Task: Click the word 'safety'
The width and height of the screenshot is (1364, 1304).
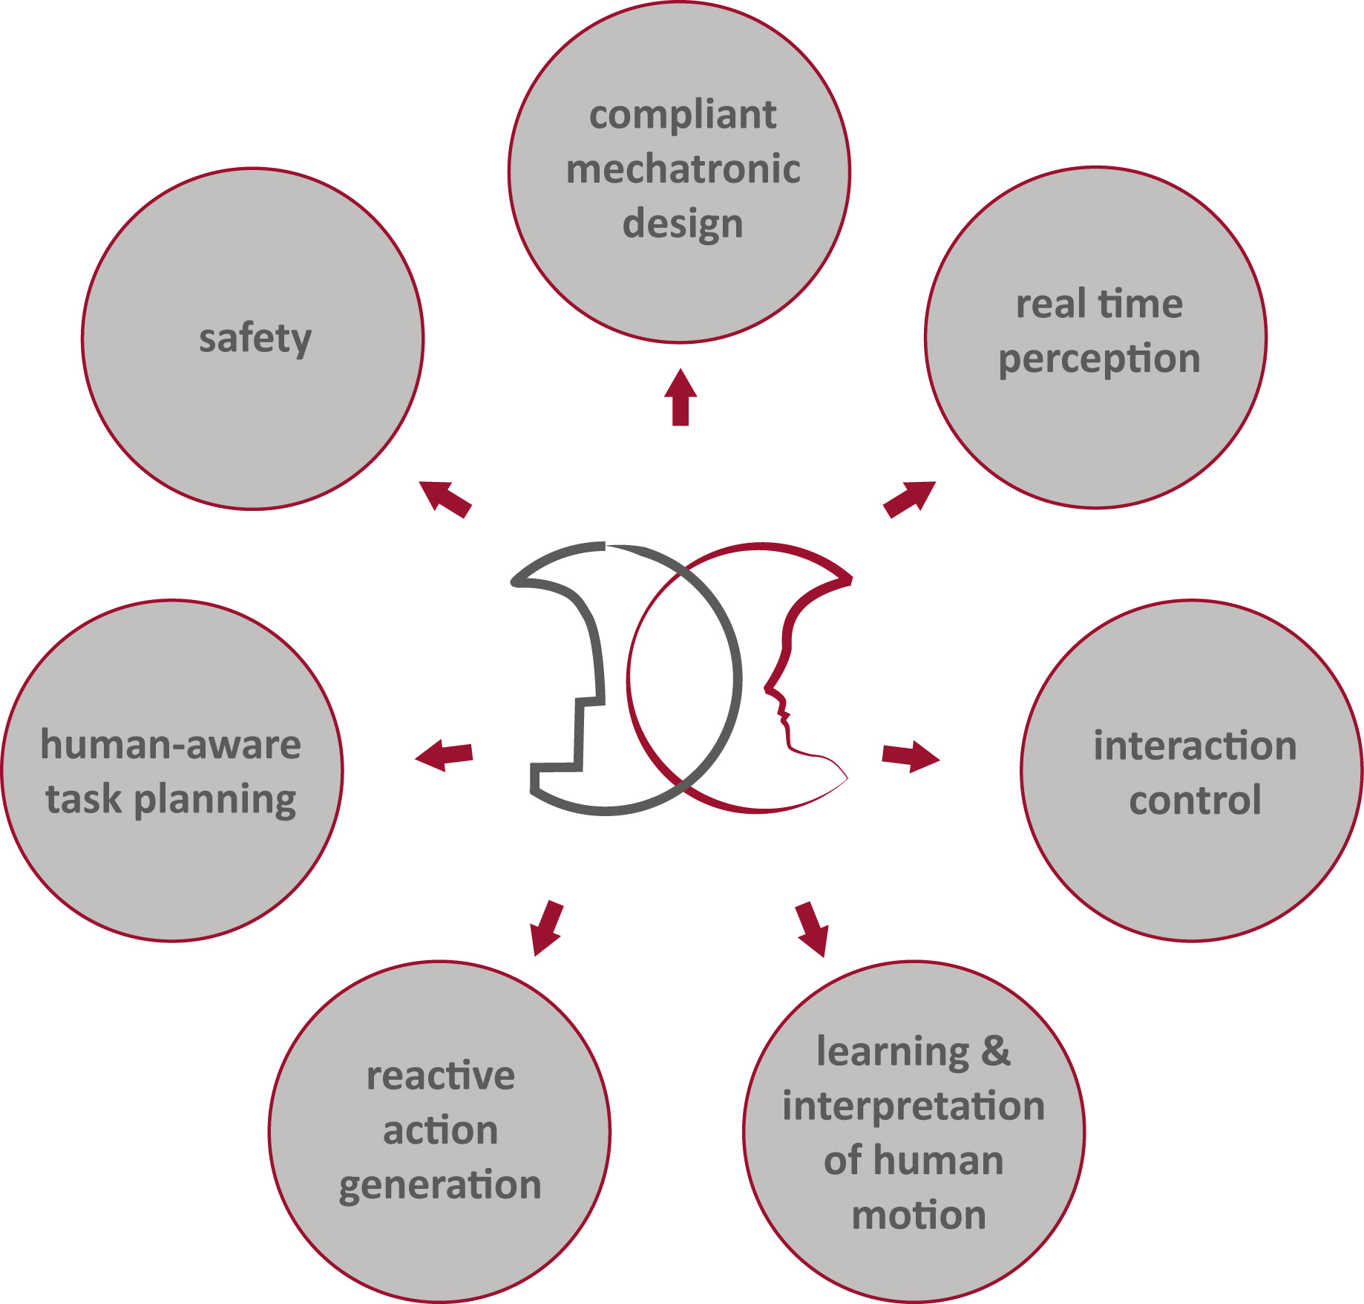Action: (x=255, y=339)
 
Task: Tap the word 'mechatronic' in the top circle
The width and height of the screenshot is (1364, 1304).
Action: (x=683, y=169)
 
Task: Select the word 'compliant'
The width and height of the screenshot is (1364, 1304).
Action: (x=683, y=116)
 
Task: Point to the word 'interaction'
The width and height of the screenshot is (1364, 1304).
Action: (x=1195, y=746)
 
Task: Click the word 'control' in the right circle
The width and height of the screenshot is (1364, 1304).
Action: (x=1195, y=800)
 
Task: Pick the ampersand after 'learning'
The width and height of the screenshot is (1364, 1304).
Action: (x=995, y=1051)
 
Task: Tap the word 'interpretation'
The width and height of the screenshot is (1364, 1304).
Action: (x=914, y=1106)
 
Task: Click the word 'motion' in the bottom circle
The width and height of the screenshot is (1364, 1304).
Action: (x=919, y=1215)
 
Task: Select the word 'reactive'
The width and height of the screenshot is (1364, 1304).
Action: (x=441, y=1076)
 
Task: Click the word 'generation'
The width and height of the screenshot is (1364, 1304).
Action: (x=440, y=1185)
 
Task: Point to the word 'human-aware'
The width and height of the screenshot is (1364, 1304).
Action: (x=171, y=744)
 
